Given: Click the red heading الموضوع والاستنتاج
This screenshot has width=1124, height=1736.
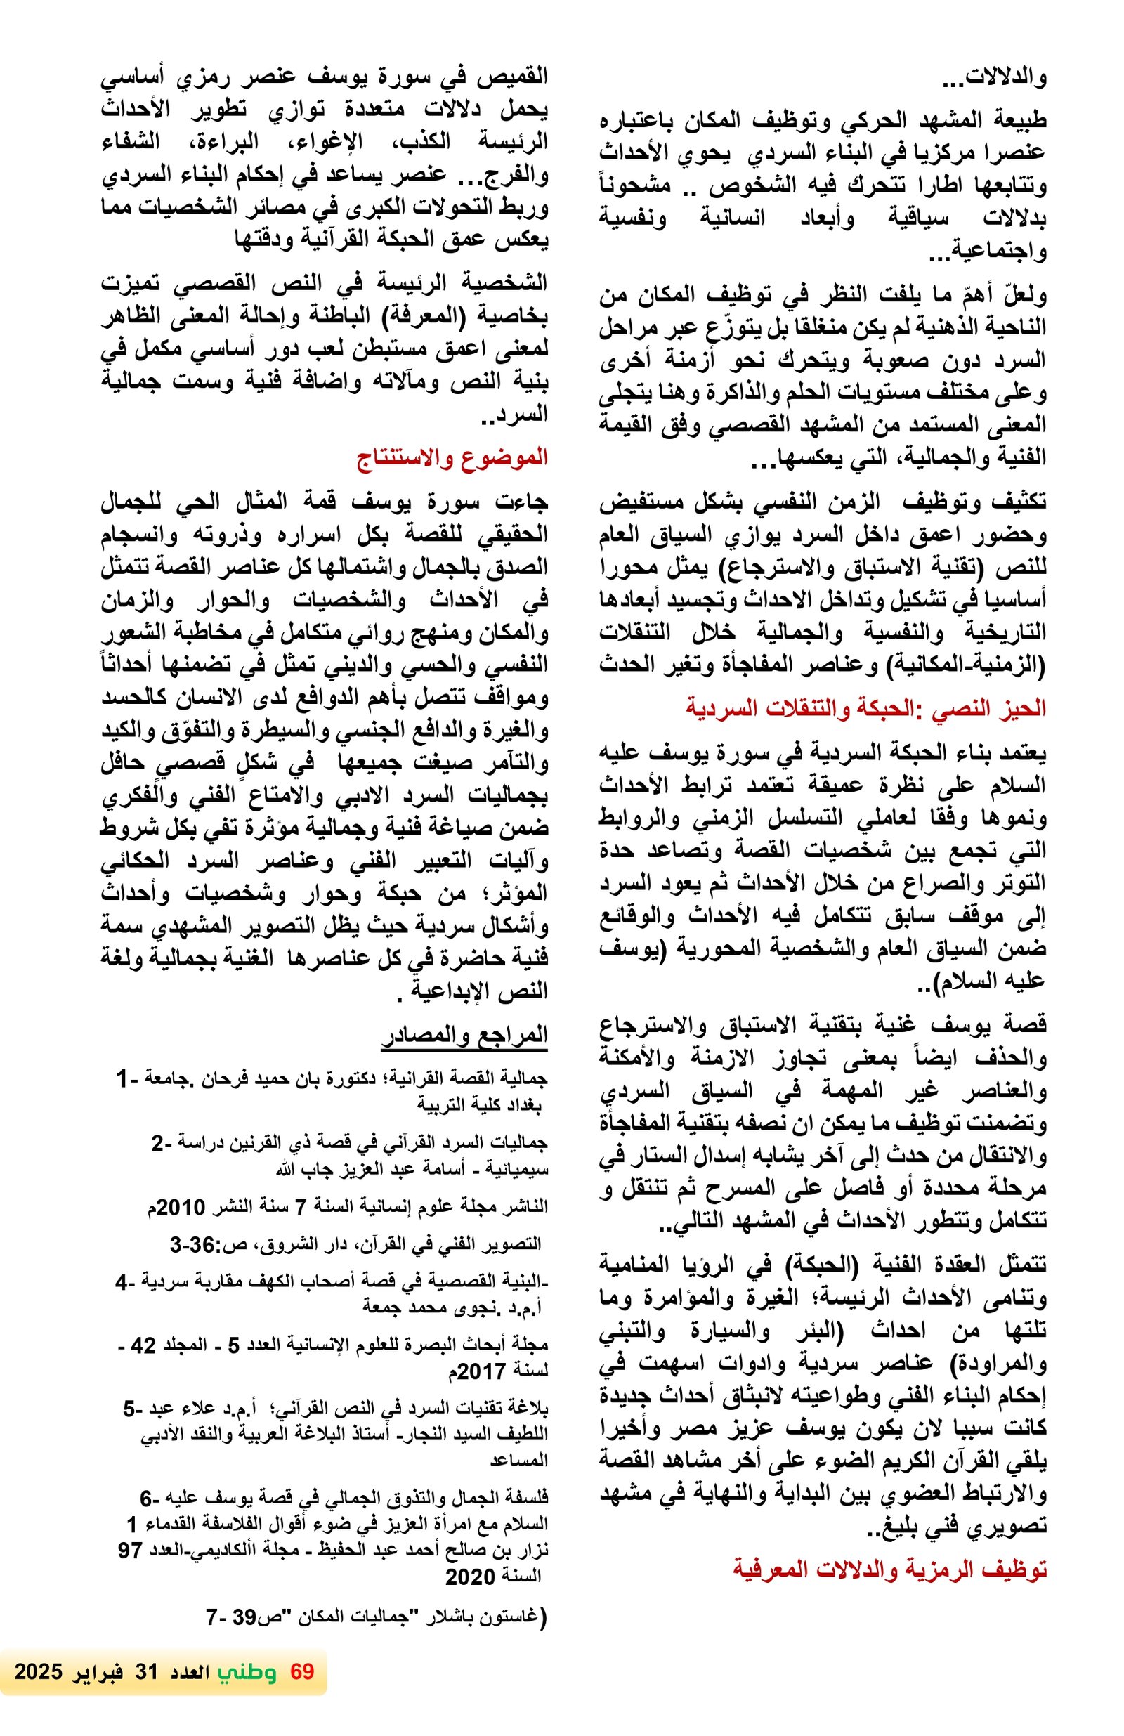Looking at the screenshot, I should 452,458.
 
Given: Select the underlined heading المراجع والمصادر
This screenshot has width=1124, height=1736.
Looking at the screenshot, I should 464,1035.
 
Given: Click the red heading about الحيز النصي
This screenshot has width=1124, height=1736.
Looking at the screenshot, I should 865,707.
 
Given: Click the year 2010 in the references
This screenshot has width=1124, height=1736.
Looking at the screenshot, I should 180,1207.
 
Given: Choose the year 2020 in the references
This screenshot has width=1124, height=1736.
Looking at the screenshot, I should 471,1578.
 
